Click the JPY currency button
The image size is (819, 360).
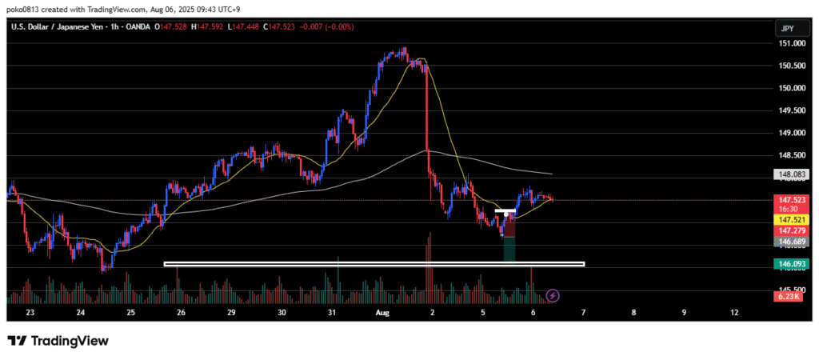787,28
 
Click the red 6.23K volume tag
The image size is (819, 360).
789,296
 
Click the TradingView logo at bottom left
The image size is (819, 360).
58,341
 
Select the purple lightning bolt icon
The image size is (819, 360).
553,295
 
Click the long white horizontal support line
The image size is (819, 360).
374,263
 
